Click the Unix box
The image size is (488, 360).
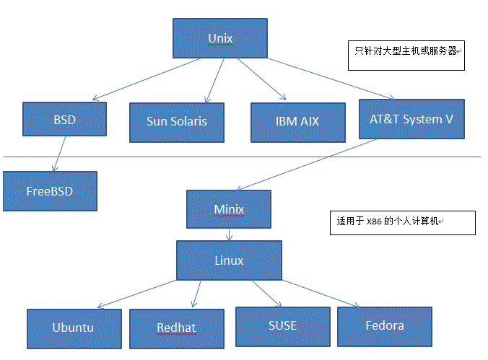coord(220,38)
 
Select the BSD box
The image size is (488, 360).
coord(64,119)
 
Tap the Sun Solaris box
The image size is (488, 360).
coord(176,121)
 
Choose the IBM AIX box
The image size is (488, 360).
coord(296,121)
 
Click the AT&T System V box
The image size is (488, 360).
coord(411,119)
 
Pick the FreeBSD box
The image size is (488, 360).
coord(49,191)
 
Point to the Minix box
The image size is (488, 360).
coord(229,210)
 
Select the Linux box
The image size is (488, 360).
coord(229,260)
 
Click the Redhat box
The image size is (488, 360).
coord(176,328)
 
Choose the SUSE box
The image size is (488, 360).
coord(282,325)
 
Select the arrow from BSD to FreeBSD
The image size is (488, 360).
coord(58,154)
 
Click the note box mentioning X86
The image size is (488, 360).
coord(402,223)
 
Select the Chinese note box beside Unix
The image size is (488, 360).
coord(406,55)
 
